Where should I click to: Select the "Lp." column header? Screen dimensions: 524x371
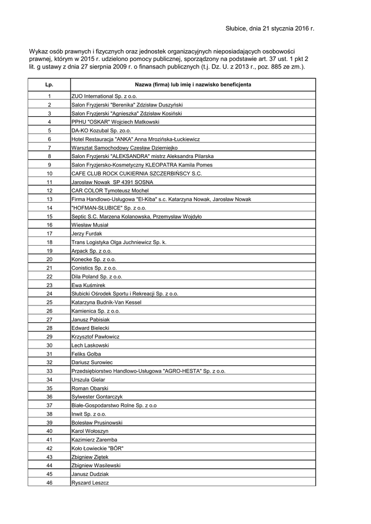tap(49, 84)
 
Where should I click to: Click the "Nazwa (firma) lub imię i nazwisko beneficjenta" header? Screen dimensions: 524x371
tap(193, 84)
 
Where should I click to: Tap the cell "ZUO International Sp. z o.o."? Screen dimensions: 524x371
tap(104, 96)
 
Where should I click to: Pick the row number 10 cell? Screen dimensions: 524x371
tap(49, 173)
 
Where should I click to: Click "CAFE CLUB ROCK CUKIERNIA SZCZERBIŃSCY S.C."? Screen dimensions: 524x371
tap(137, 173)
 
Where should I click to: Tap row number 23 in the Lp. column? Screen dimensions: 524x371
tap(49, 285)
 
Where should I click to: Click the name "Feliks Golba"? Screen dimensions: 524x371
tap(86, 354)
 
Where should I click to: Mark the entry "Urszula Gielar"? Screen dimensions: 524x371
tap(89, 380)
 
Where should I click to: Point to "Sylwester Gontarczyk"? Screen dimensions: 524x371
tap(97, 397)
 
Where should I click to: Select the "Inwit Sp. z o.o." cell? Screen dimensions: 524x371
tap(89, 414)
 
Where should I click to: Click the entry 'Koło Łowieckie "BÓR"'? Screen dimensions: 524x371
tap(98, 448)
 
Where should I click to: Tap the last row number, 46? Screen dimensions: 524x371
tap(49, 483)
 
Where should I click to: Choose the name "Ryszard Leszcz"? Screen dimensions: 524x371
tap(90, 483)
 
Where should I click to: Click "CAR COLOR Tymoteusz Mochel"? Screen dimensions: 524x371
tap(110, 190)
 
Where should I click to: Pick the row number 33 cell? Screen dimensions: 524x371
tap(49, 371)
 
